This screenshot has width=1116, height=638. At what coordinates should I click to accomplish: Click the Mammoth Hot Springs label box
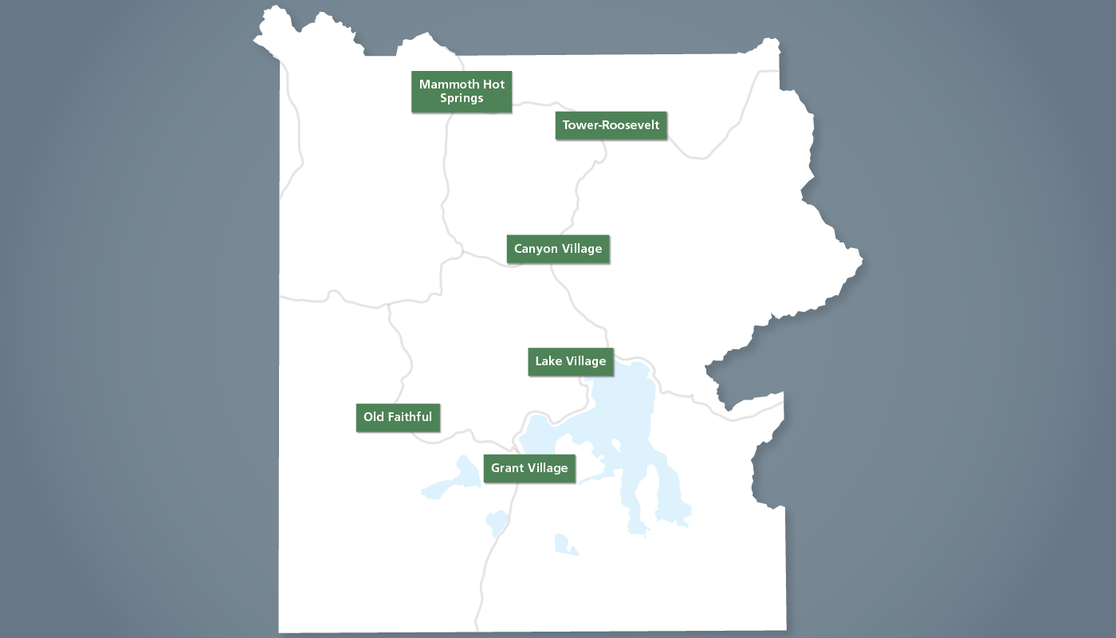tap(462, 92)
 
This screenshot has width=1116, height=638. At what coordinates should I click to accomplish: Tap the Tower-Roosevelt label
tap(611, 125)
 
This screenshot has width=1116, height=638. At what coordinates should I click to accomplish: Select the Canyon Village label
tap(558, 249)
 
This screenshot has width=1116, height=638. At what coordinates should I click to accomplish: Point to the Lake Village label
tap(571, 361)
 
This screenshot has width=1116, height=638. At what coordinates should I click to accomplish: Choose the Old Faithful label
tap(398, 417)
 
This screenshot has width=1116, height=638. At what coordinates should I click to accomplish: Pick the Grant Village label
tap(529, 468)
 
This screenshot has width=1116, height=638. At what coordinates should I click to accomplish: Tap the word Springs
tap(462, 99)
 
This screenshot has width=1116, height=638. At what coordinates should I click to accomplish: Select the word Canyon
tap(536, 249)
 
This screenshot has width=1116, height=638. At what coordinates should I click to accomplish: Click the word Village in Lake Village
tap(587, 361)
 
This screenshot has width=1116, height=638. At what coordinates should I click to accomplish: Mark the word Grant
tap(507, 468)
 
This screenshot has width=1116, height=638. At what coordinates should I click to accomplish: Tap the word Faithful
tap(410, 417)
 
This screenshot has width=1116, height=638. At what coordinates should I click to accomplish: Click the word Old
tap(373, 417)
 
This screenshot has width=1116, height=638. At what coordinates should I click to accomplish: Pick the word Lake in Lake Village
tap(548, 361)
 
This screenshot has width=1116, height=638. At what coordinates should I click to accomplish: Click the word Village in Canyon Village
tap(582, 249)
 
